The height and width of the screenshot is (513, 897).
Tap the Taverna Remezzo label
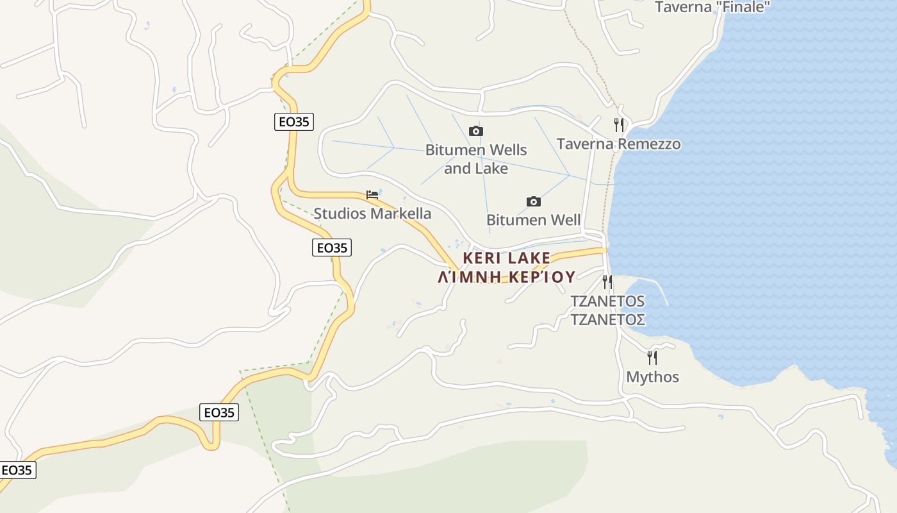click(x=618, y=144)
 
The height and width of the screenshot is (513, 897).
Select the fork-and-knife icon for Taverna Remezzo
click(x=618, y=124)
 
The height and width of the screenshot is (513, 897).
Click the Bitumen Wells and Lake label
click(x=476, y=159)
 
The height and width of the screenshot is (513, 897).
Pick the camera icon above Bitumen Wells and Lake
click(x=475, y=131)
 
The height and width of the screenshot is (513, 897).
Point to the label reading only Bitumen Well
click(x=533, y=220)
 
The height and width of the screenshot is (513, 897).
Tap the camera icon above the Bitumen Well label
click(x=533, y=201)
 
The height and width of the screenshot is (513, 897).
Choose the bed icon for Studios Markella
click(x=372, y=194)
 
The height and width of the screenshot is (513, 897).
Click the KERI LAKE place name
click(x=506, y=258)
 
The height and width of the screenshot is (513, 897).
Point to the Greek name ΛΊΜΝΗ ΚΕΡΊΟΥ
click(x=506, y=276)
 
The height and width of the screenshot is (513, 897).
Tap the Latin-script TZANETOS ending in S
click(x=607, y=301)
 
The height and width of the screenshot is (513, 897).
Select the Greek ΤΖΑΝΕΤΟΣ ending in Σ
click(x=607, y=319)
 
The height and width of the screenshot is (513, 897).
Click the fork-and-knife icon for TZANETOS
click(x=607, y=282)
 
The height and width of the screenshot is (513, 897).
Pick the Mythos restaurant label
click(x=652, y=376)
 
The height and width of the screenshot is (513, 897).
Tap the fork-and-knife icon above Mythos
click(x=652, y=357)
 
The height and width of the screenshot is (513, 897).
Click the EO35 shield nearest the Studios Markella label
click(x=332, y=247)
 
